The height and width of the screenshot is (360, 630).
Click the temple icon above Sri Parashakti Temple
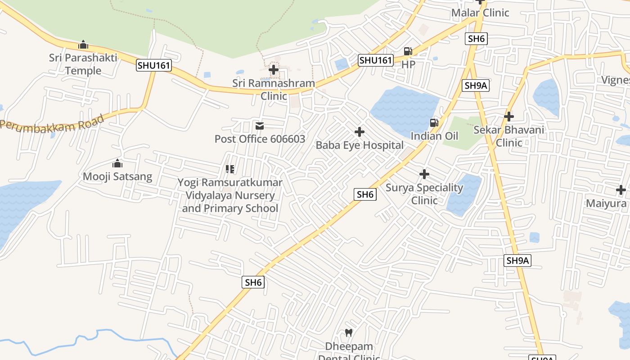[x=83, y=45]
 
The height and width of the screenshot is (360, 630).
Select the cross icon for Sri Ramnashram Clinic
[x=274, y=70]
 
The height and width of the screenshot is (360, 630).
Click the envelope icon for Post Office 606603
[x=260, y=126]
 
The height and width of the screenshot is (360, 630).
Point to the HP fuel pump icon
[x=408, y=51]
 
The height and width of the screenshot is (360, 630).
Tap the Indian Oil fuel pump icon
[x=434, y=122]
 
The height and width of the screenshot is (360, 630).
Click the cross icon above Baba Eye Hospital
[x=360, y=132]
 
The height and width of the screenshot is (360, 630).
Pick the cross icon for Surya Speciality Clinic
[x=424, y=174]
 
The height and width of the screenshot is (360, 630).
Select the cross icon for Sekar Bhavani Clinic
[x=509, y=117]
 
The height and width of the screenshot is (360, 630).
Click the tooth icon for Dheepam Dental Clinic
[x=348, y=333]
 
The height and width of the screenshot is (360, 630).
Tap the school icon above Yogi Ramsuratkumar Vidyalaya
[x=230, y=169]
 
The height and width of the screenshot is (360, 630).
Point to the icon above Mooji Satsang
[x=117, y=163]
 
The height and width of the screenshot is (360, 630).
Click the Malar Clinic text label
[x=480, y=13]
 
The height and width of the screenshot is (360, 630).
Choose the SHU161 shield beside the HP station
[x=376, y=60]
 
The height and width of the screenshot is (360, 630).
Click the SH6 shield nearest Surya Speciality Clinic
[x=365, y=194]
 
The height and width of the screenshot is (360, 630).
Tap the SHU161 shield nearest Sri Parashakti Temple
[x=154, y=65]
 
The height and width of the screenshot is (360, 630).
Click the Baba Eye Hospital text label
[x=360, y=145]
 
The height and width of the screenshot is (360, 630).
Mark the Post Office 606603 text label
[x=260, y=139]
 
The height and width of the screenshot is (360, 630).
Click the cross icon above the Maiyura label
[x=621, y=190]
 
